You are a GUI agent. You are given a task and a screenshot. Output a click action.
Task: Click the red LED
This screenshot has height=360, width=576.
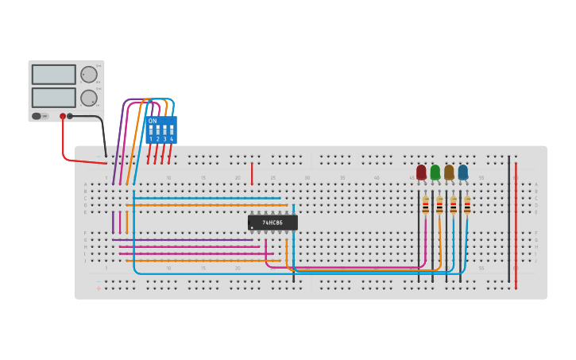coord(421,172)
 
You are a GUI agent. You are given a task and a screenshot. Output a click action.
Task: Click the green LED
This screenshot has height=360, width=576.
coord(435,172)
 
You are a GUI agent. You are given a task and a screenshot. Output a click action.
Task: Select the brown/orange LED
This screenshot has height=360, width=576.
coord(449,172)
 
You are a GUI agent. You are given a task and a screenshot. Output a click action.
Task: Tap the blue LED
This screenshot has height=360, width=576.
coord(463,172)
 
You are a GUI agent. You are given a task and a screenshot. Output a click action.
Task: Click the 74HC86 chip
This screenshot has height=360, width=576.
coord(273,223)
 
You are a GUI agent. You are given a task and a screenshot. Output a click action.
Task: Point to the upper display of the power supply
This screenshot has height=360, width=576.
coord(53,75)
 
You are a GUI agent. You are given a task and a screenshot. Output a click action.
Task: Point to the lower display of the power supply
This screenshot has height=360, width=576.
coord(53,98)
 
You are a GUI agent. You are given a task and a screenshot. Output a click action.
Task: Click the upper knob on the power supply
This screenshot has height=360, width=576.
coord(89,75)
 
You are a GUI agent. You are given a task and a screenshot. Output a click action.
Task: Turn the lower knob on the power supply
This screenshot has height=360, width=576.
coord(89,98)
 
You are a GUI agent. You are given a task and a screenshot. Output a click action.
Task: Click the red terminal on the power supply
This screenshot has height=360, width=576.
coord(63,116)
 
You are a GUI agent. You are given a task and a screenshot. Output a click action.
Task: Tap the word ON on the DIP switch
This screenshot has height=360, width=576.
coord(153,121)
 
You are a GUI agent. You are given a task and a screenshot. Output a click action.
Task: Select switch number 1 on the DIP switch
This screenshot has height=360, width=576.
coord(151,130)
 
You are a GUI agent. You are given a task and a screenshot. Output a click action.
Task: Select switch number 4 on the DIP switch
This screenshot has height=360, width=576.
coord(171,130)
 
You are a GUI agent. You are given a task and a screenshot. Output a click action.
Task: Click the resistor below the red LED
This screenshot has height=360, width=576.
coord(425,206)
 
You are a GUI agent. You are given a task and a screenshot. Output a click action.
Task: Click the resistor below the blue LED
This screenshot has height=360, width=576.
coord(467,206)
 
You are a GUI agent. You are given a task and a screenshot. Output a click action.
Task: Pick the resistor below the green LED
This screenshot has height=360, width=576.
coord(439,206)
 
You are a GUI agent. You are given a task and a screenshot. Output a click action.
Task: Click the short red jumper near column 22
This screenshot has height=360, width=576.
coord(252,173)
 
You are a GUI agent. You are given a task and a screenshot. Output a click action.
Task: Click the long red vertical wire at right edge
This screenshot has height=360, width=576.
coord(516,223)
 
